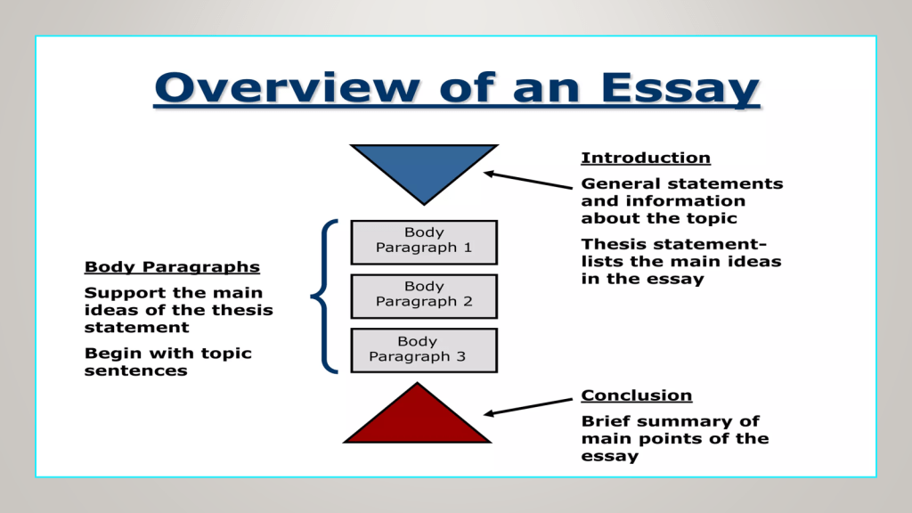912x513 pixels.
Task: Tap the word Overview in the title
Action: pyautogui.click(x=286, y=88)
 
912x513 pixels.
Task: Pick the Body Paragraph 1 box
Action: pyautogui.click(x=424, y=241)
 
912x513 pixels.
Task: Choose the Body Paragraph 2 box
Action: pyautogui.click(x=424, y=295)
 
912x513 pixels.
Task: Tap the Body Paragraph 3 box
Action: pyautogui.click(x=424, y=349)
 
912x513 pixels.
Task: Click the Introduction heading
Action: pyautogui.click(x=646, y=159)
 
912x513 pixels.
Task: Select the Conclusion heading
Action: pyautogui.click(x=636, y=395)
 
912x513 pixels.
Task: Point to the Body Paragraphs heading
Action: pyautogui.click(x=172, y=267)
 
